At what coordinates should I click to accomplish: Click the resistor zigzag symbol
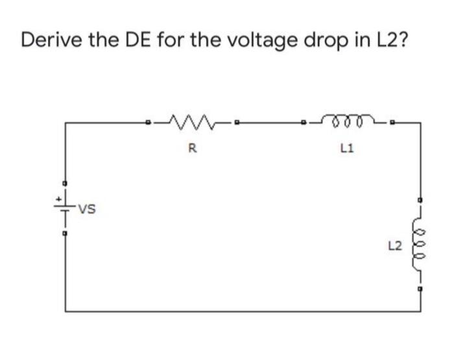tap(192, 121)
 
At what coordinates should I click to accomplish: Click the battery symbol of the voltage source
tap(65, 209)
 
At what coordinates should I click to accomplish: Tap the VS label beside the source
tap(87, 209)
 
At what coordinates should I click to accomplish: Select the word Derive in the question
tap(52, 40)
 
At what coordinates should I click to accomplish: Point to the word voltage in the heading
tap(247, 41)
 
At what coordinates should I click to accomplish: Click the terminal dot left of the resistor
tap(149, 122)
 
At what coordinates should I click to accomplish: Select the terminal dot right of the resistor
tap(237, 122)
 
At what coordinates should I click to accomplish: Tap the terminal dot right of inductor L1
tap(393, 122)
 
